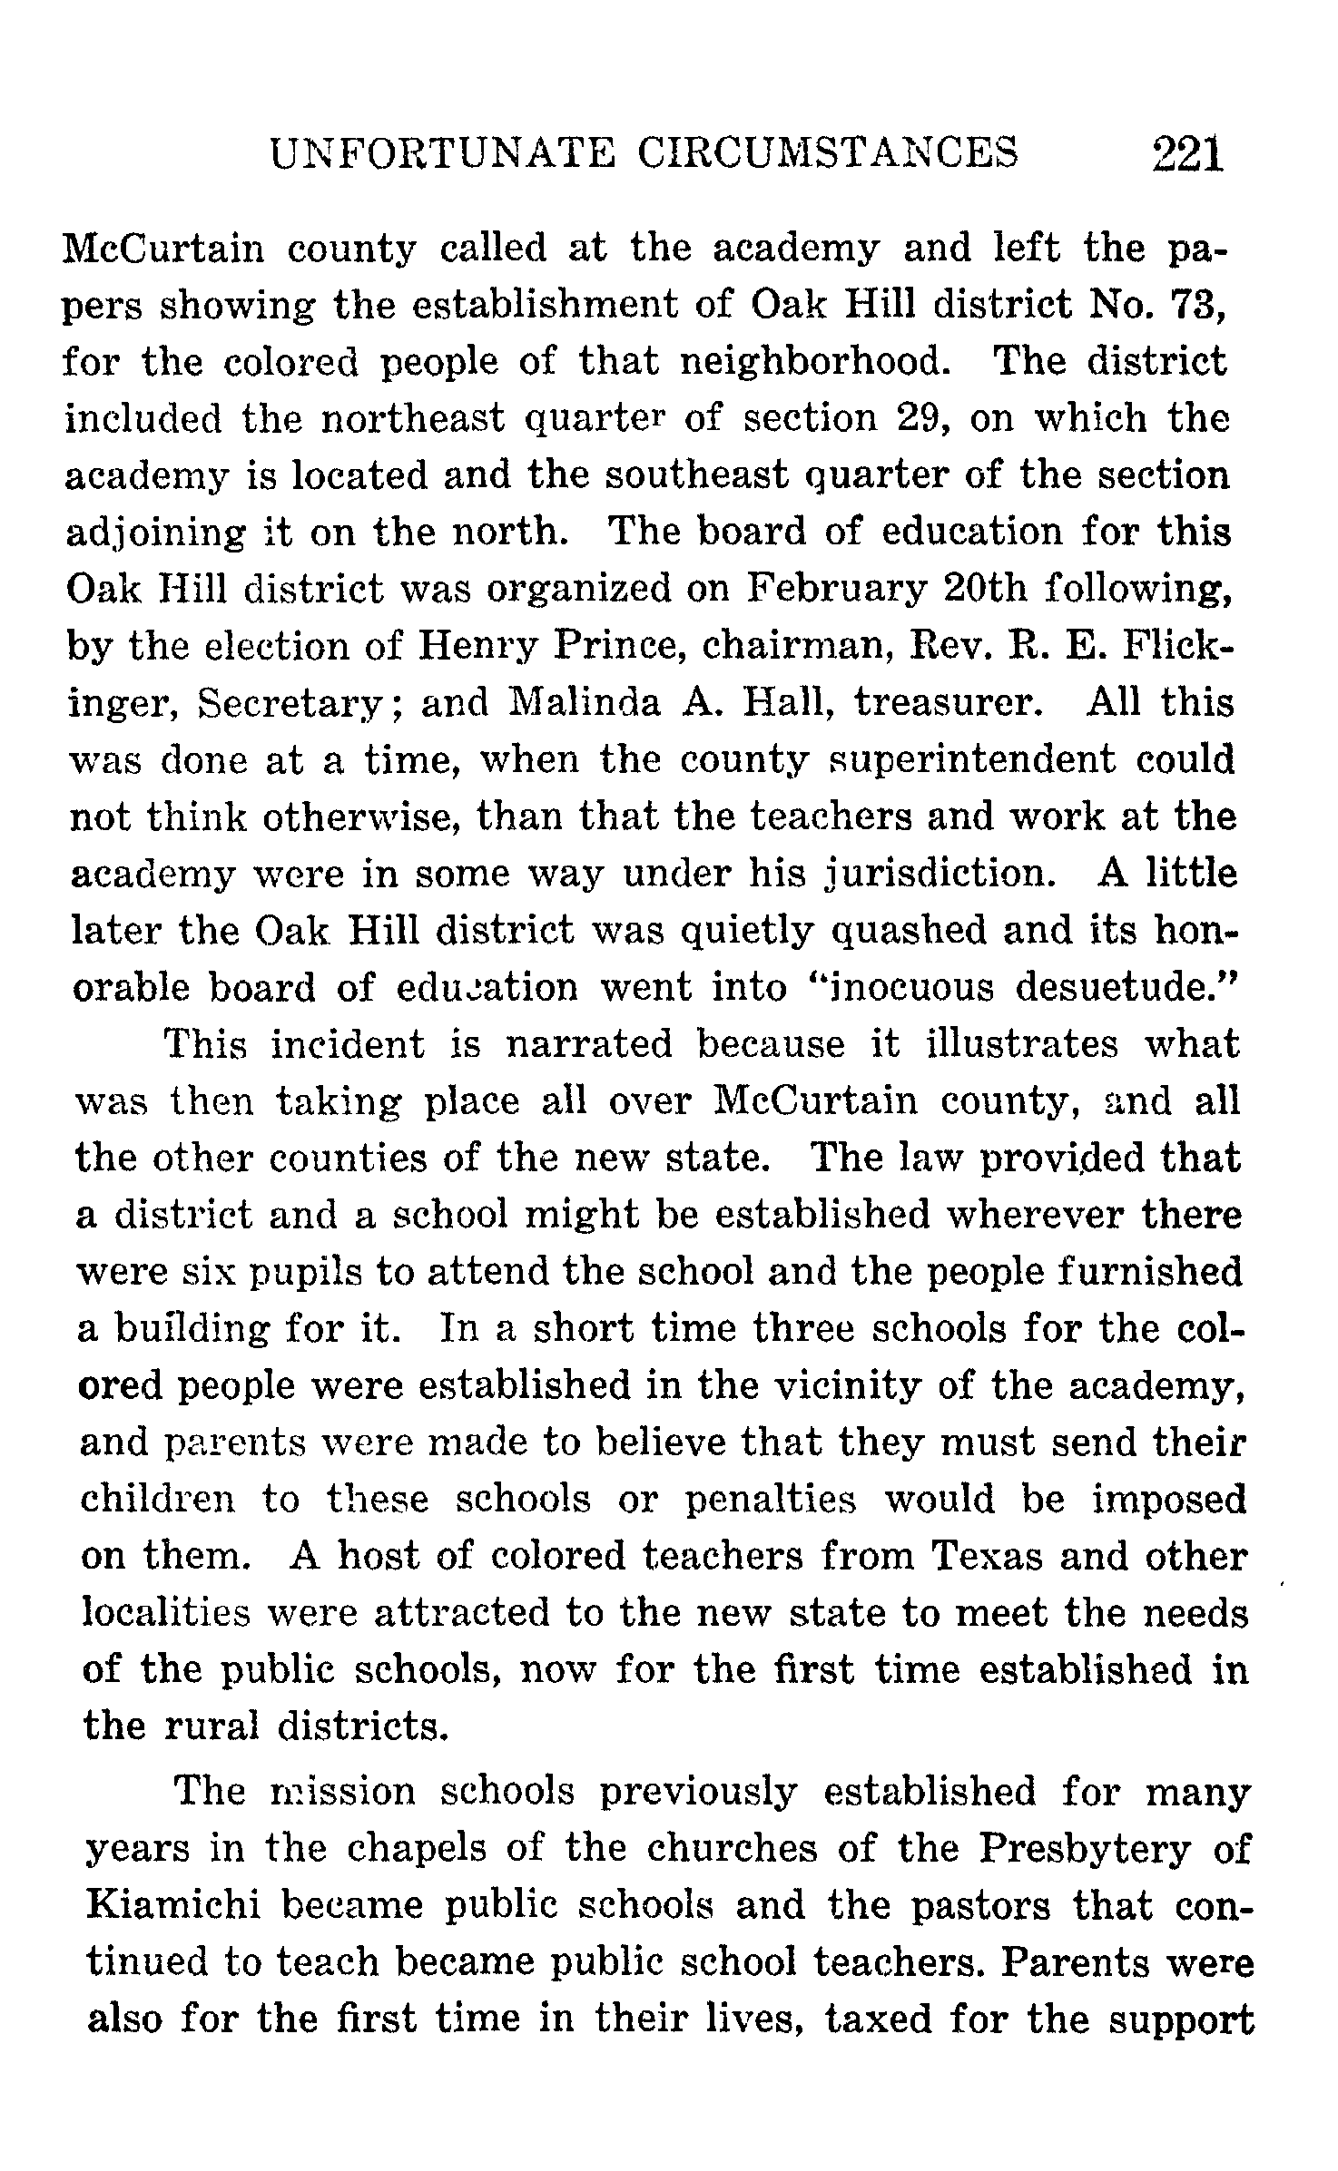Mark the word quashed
coord(909,931)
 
